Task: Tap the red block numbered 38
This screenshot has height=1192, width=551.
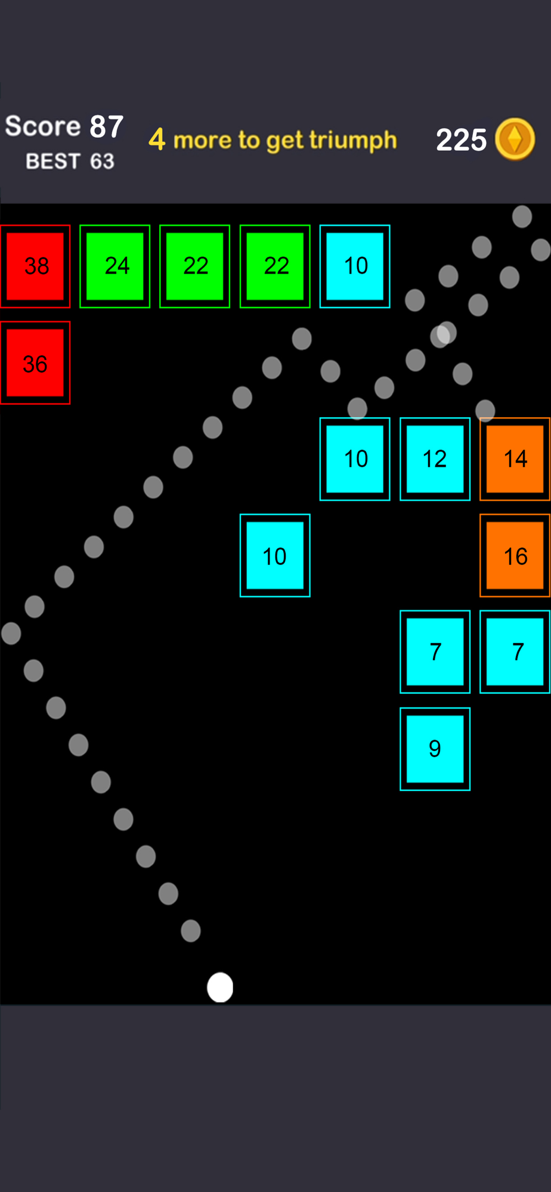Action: (35, 266)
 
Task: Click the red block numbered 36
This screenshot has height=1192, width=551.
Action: (35, 362)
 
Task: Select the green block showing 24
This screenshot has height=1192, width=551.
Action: (115, 266)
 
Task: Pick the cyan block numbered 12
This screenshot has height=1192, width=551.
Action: (435, 459)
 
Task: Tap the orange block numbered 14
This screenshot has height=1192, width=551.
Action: (515, 459)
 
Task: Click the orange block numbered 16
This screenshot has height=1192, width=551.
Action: (515, 555)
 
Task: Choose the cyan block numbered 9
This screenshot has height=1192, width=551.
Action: (435, 749)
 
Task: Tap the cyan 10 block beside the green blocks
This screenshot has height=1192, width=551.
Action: (355, 266)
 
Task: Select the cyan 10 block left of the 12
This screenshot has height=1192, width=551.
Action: (355, 459)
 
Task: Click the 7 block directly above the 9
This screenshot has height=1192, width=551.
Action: (435, 651)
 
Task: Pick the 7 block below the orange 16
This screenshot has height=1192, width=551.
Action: (515, 651)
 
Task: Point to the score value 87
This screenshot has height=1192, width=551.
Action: (107, 127)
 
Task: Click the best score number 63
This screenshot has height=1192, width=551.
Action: (102, 162)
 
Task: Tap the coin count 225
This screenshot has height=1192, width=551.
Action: (461, 140)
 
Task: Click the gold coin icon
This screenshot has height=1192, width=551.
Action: (515, 139)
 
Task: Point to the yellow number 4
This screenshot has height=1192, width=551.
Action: (157, 139)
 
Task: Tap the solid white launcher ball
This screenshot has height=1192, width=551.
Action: (220, 987)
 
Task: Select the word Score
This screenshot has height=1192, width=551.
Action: (43, 126)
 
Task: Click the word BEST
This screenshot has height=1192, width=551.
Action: (53, 162)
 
